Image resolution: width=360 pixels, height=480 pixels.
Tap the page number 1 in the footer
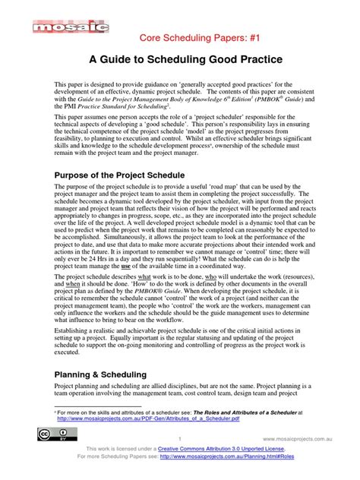[x=179, y=439]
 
